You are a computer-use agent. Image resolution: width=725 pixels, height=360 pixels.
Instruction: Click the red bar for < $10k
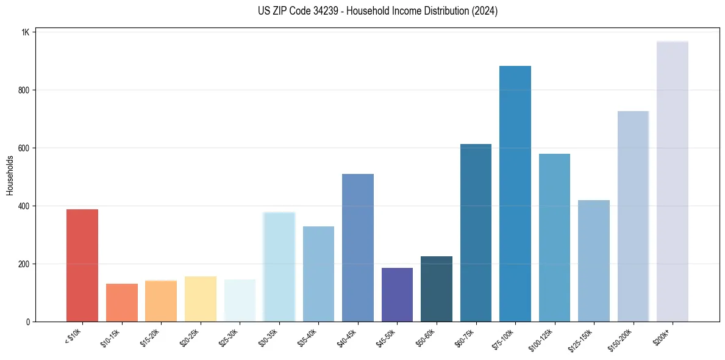(82, 265)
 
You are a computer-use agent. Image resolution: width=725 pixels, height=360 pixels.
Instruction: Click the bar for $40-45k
(357, 248)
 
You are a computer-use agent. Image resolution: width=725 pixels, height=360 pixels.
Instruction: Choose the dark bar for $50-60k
(436, 289)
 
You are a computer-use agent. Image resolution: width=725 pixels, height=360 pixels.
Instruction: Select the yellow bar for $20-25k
(200, 299)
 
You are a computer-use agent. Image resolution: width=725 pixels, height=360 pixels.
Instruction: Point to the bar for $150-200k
(633, 217)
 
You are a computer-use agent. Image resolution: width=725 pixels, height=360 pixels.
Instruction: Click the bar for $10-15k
(121, 303)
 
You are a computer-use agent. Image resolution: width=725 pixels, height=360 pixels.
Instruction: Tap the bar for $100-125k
(554, 238)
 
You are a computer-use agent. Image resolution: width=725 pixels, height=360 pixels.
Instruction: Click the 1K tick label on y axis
(26, 32)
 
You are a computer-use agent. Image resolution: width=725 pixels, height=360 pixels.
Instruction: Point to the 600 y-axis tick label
(24, 148)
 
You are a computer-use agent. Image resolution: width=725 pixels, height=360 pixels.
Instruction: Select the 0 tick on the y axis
(28, 322)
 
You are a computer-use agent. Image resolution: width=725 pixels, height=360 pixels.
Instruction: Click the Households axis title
(10, 176)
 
